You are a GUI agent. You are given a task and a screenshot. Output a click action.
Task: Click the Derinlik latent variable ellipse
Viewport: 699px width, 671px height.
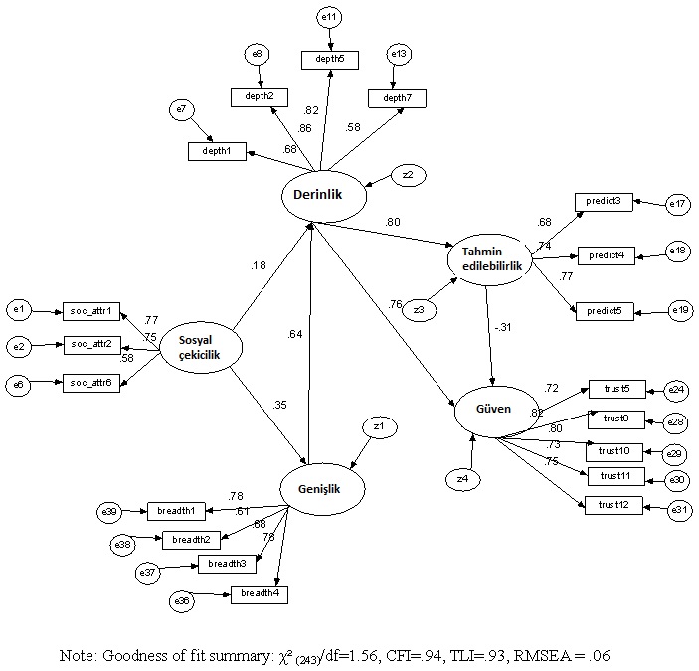[x=317, y=195]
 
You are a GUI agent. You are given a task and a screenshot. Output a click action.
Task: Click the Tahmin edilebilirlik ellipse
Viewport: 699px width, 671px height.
[x=488, y=257]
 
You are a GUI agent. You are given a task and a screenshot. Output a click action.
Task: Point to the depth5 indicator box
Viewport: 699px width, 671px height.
[x=330, y=59]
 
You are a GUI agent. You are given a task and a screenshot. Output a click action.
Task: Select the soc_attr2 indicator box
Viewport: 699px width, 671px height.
[x=90, y=345]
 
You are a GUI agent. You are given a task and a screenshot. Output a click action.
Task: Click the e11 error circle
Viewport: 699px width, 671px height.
[x=329, y=17]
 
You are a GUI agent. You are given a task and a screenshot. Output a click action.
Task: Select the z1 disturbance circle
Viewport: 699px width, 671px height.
[x=378, y=427]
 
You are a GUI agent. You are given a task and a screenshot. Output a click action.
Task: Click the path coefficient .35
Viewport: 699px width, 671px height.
[x=280, y=404]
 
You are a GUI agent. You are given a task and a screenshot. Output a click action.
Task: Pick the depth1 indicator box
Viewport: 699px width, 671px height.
[x=217, y=151]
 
